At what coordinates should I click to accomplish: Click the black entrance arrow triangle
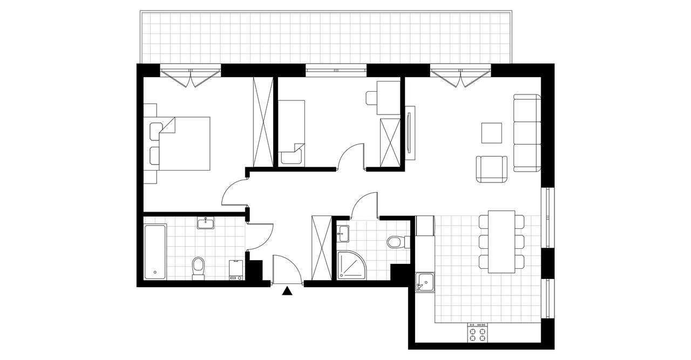tap(287, 291)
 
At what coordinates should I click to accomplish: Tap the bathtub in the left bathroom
tap(155, 252)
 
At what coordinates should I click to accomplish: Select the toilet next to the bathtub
tap(198, 267)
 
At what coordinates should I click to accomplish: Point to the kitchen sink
tap(425, 283)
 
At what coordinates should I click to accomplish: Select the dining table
tap(501, 241)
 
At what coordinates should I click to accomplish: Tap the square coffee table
tap(492, 133)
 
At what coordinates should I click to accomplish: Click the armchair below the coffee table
tap(491, 169)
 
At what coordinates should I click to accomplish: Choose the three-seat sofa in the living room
tap(526, 133)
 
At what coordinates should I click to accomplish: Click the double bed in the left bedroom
tap(184, 144)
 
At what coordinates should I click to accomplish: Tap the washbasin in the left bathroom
tap(206, 223)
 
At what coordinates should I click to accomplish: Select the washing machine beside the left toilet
tap(236, 269)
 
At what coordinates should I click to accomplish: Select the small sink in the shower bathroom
tap(343, 234)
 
